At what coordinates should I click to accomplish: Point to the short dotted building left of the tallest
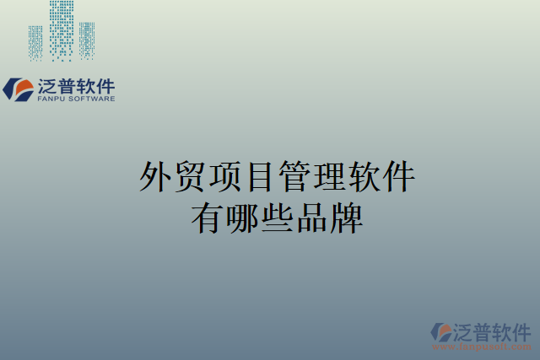point(35,41)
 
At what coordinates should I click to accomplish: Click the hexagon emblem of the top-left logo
point(18,89)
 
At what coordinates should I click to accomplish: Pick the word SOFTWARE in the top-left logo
point(94,99)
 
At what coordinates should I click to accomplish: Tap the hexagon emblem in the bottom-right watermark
point(442,331)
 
